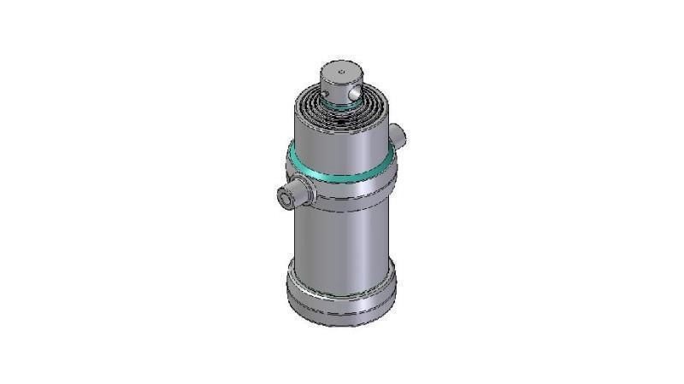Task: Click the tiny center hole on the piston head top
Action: tap(339, 70)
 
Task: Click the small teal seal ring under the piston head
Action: tap(342, 107)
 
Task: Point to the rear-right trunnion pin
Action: tap(398, 133)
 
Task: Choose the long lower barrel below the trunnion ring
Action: tap(342, 243)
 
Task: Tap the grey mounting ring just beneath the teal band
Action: tap(342, 192)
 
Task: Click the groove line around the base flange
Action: tap(342, 295)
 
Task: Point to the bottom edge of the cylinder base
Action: tap(342, 324)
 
